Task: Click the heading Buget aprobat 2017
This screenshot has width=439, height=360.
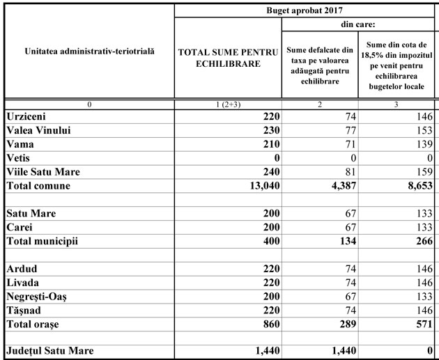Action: [x=305, y=10]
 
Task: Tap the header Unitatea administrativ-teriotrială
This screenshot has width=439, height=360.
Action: [x=89, y=52]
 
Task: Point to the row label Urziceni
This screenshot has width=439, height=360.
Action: [x=28, y=116]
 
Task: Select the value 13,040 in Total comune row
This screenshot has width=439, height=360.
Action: [x=259, y=186]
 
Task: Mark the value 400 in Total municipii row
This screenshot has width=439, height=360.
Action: [x=268, y=241]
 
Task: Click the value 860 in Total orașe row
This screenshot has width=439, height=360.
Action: [x=268, y=324]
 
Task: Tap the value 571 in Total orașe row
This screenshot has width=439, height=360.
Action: [x=422, y=324]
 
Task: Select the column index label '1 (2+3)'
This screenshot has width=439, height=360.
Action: [x=228, y=104]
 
